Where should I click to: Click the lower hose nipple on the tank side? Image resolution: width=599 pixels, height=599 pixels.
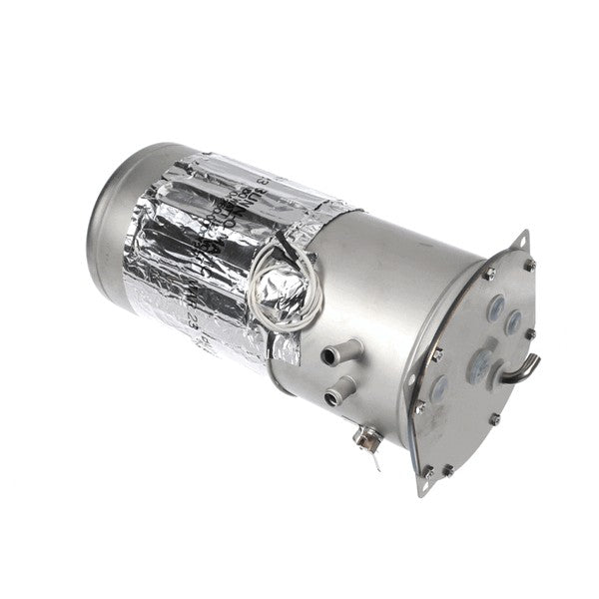click(x=342, y=386)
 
